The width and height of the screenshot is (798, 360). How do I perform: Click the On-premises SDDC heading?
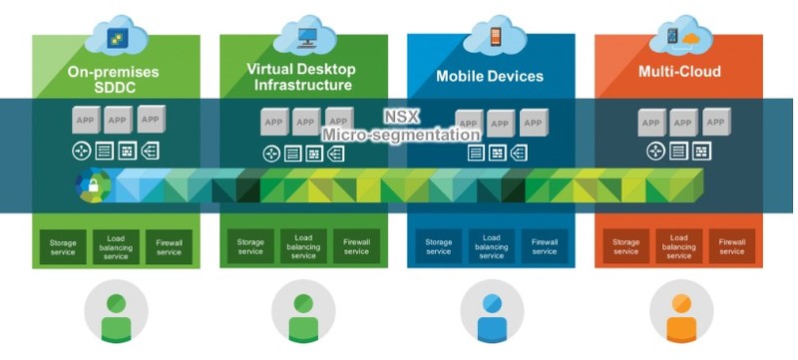click(x=114, y=80)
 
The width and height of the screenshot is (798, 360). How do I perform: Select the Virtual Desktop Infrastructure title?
click(x=301, y=75)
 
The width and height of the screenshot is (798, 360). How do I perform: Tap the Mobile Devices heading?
click(x=490, y=76)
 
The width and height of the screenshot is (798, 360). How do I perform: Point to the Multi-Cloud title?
click(x=679, y=72)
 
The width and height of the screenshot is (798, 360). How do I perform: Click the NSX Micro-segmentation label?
click(x=399, y=125)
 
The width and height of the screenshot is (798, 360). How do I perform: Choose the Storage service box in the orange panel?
click(x=625, y=246)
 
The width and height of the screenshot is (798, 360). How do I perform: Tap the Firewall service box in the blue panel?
click(x=545, y=246)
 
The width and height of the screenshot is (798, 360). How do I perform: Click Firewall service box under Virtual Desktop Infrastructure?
click(x=356, y=246)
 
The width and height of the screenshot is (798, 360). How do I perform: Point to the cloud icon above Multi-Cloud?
click(x=680, y=36)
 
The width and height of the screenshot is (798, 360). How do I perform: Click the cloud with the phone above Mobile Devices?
click(x=493, y=36)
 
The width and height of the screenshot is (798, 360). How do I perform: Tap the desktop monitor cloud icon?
click(x=304, y=36)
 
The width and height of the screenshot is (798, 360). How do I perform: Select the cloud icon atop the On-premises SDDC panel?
click(x=117, y=36)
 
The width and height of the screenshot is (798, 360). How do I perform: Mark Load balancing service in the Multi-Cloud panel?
click(x=679, y=246)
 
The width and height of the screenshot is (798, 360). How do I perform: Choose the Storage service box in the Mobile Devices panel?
click(x=438, y=246)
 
